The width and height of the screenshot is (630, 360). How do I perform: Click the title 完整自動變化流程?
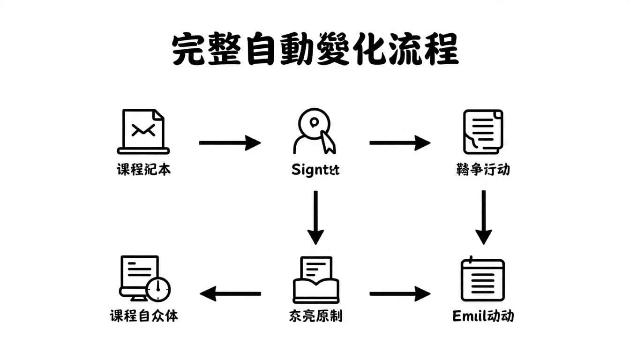pos(315,50)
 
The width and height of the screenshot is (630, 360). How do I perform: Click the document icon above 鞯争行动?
pos(483,131)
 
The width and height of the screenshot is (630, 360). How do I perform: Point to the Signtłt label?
pos(315,170)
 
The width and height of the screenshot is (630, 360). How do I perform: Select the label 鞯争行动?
pos(483,169)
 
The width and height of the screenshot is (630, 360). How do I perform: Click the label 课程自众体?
pos(144,315)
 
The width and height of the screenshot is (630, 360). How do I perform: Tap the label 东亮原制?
pos(315,315)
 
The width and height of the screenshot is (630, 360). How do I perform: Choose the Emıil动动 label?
pos(483,315)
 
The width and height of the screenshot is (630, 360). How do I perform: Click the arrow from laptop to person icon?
pos(230,142)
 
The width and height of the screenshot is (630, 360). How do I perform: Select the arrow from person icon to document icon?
pos(399,142)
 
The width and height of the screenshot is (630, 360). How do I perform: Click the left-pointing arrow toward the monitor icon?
pos(230,294)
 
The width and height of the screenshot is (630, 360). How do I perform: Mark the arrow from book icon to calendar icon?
pos(399,294)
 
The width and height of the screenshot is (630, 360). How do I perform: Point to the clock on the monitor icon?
pos(158,289)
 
